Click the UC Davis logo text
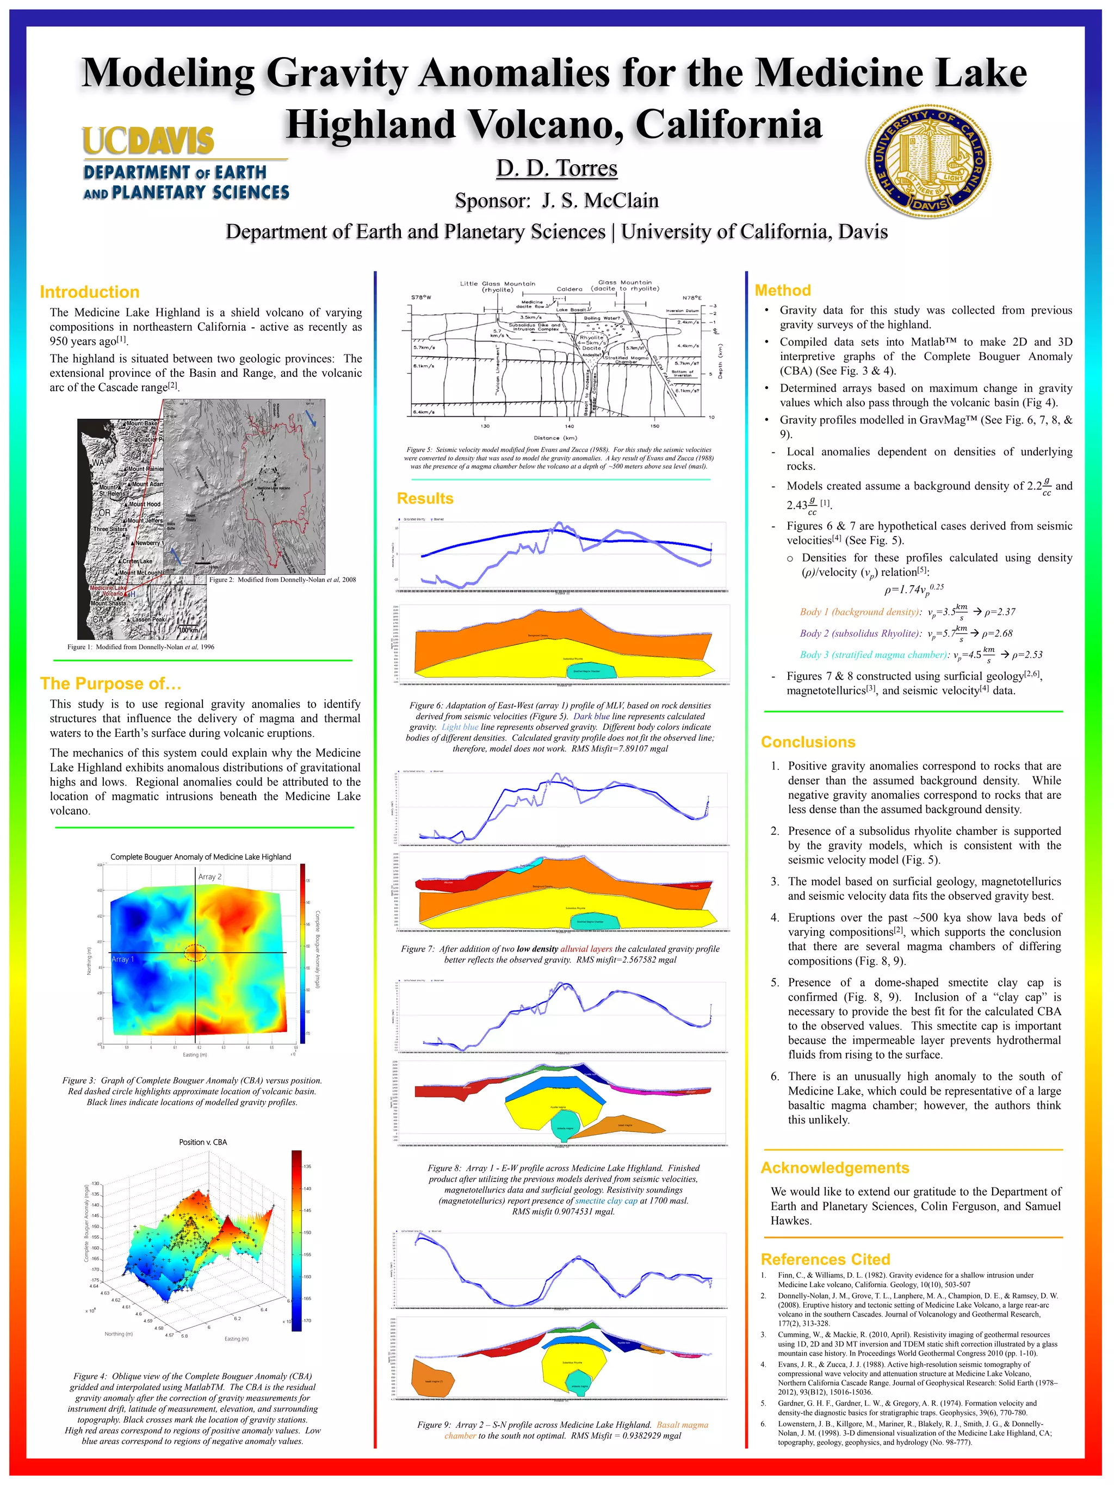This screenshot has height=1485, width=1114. pos(148,141)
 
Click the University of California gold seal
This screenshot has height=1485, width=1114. pos(929,161)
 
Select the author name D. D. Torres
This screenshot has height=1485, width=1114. pos(556,169)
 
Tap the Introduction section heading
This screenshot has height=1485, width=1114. pos(89,292)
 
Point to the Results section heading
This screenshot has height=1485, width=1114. pos(424,498)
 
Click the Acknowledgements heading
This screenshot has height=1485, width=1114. pos(834,1167)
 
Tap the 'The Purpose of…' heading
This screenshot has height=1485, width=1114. pos(111,684)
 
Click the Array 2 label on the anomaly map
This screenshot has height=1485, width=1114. pos(209,877)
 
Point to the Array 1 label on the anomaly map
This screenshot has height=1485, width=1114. pos(123,959)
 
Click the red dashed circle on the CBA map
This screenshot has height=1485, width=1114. pos(195,952)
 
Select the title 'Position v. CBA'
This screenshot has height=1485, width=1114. pos(203,1142)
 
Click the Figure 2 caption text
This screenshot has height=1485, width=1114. pos(282,579)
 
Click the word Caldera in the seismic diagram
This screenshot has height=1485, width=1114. pos(569,289)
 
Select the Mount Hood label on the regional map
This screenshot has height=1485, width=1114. pos(144,504)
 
